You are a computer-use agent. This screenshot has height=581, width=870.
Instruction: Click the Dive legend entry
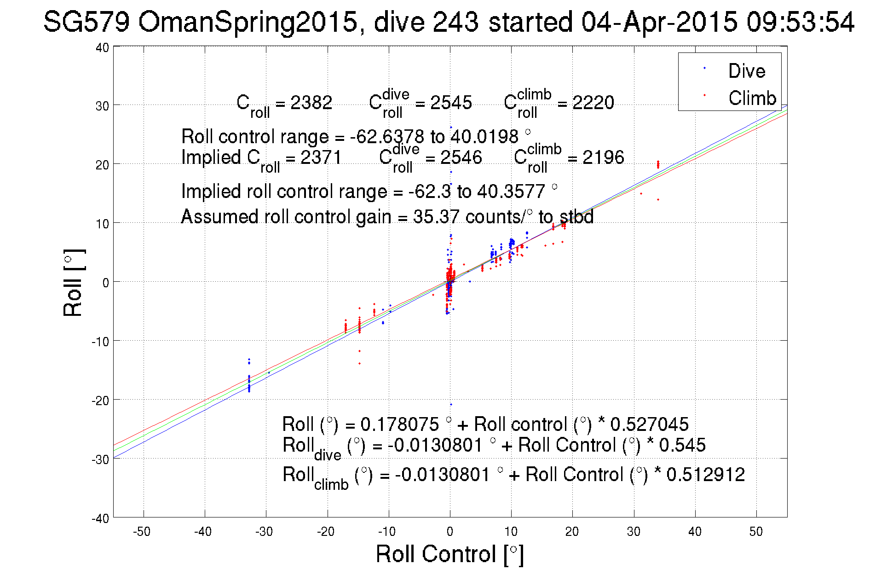pyautogui.click(x=746, y=71)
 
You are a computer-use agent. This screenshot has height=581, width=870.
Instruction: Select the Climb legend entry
pyautogui.click(x=752, y=98)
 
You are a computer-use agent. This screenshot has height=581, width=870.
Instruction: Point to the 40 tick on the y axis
pyautogui.click(x=102, y=47)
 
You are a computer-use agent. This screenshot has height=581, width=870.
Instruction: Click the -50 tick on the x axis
pyautogui.click(x=142, y=532)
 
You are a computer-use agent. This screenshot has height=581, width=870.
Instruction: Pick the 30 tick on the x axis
pyautogui.click(x=634, y=532)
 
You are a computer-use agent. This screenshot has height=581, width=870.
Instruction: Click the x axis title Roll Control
pyautogui.click(x=449, y=554)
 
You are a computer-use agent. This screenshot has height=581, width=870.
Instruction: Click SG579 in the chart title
pyautogui.click(x=86, y=22)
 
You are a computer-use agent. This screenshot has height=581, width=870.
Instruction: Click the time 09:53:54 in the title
pyautogui.click(x=800, y=22)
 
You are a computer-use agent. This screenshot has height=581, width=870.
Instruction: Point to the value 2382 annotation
pyautogui.click(x=311, y=102)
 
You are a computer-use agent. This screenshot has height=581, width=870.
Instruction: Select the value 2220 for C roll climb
pyautogui.click(x=593, y=102)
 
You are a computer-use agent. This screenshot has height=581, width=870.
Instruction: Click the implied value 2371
pyautogui.click(x=321, y=157)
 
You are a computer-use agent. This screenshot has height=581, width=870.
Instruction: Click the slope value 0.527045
pyautogui.click(x=649, y=424)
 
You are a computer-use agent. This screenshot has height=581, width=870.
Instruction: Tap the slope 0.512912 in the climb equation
pyautogui.click(x=705, y=475)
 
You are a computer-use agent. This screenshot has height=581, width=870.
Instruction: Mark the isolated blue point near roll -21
pyautogui.click(x=451, y=405)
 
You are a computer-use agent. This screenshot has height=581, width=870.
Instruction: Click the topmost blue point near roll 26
pyautogui.click(x=451, y=128)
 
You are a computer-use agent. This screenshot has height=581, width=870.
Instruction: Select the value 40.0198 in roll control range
pyautogui.click(x=484, y=137)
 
